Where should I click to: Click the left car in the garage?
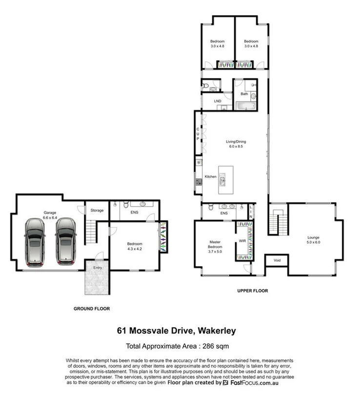tap(35, 242)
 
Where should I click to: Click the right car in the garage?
tap(65, 242)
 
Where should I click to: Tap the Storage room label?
tap(97, 210)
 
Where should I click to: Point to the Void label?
tap(277, 260)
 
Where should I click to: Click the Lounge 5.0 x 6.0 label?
tap(313, 240)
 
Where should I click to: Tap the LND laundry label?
tap(218, 101)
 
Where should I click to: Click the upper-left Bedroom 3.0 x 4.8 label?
tap(217, 43)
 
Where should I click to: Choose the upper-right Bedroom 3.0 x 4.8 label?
tap(251, 43)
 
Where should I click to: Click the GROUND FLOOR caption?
tap(91, 309)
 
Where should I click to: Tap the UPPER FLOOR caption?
tap(252, 291)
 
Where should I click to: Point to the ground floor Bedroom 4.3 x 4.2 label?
tap(135, 246)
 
